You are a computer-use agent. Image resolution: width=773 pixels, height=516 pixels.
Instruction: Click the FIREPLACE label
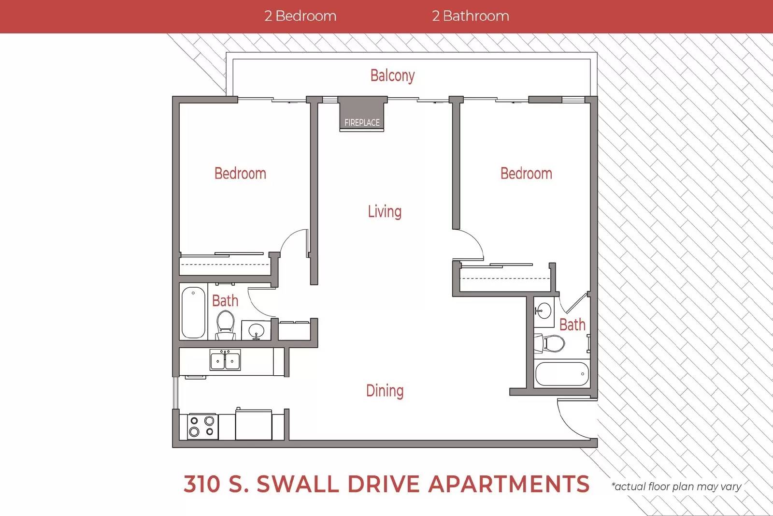[362, 123]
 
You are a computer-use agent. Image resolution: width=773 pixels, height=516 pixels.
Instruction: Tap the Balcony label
[392, 75]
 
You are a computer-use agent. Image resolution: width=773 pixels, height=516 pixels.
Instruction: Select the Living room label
[385, 211]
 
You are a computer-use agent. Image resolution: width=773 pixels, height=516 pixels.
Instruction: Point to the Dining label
[385, 391]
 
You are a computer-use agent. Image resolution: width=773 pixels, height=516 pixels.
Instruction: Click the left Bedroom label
[240, 174]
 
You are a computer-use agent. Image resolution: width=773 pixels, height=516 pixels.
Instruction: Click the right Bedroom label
[526, 174]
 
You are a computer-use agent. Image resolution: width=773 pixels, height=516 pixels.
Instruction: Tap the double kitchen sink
[225, 360]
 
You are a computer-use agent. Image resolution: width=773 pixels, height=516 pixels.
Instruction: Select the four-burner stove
[202, 427]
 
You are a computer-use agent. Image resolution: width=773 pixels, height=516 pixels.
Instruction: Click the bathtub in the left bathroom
[193, 312]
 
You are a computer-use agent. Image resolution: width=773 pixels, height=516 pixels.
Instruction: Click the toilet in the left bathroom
[225, 325]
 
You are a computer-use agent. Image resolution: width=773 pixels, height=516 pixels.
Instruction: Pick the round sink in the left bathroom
[256, 330]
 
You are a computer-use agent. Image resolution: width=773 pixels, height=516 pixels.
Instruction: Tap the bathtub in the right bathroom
[562, 374]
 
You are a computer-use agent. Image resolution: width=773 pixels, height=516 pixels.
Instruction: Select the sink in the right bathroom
[544, 310]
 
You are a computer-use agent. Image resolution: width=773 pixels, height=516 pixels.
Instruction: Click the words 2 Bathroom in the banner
[471, 16]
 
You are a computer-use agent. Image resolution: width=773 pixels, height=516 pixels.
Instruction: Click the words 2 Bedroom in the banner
[300, 16]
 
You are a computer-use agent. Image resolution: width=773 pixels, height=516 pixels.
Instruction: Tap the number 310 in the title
[202, 484]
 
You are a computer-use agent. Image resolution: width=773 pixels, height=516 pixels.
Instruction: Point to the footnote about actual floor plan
[676, 487]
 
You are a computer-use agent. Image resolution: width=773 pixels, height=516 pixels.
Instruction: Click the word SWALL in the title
[298, 484]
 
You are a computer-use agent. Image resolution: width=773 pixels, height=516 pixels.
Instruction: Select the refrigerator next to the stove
[254, 425]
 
